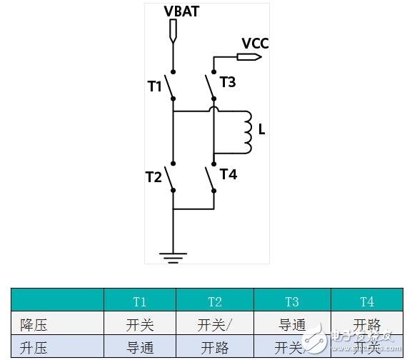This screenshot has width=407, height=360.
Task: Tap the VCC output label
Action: (x=255, y=43)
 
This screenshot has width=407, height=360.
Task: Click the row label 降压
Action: (x=33, y=325)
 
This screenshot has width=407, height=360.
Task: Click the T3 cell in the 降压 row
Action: (x=291, y=325)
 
